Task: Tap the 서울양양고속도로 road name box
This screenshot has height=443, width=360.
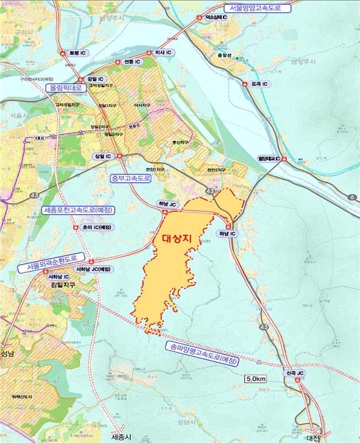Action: tap(255, 8)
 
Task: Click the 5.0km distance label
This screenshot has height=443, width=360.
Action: tap(256, 378)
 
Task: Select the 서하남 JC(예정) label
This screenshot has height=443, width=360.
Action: tap(92, 269)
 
